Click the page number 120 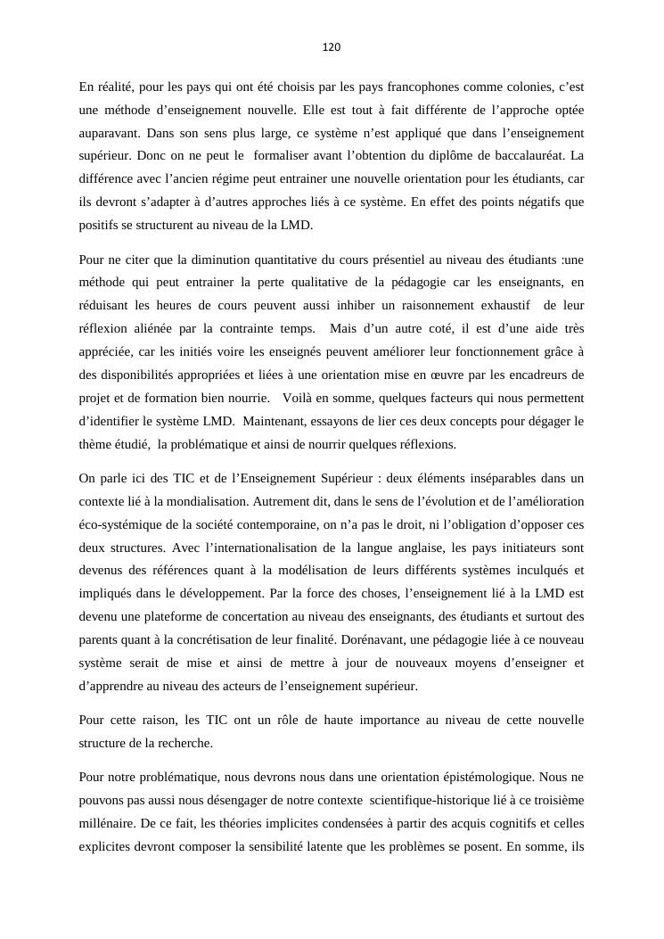point(332,47)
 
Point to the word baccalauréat point(533,156)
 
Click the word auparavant point(110,133)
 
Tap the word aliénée point(155,329)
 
